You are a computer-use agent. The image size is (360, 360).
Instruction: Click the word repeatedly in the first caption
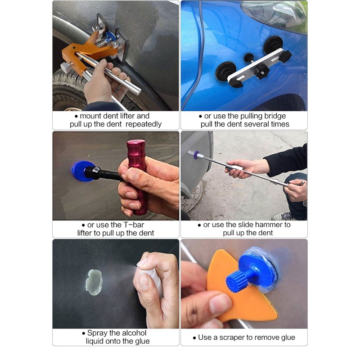140,124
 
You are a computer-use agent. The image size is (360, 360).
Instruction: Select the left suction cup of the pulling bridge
225,71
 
